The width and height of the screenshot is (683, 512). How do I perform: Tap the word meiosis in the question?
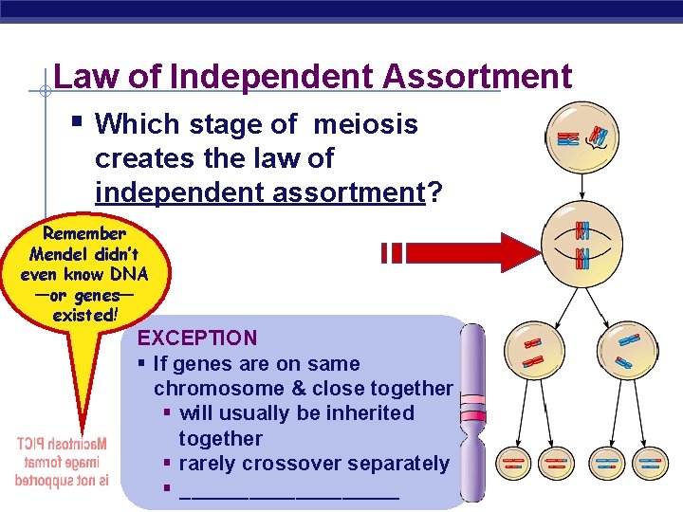[x=365, y=124]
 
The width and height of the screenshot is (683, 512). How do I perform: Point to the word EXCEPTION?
[x=197, y=338]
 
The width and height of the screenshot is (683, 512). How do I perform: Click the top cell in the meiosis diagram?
[x=581, y=138]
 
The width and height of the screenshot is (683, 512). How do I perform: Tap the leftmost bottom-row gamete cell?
[x=513, y=464]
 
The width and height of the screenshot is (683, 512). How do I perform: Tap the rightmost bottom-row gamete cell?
[x=651, y=464]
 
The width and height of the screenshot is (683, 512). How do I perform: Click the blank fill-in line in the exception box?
[x=288, y=490]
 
